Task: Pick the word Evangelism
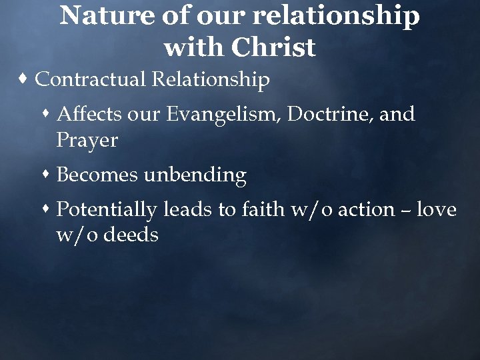[225, 115]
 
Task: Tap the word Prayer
[87, 141]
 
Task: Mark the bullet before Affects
[47, 115]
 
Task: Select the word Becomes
[98, 175]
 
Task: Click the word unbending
[195, 175]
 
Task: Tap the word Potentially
[107, 210]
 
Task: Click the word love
[437, 210]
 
